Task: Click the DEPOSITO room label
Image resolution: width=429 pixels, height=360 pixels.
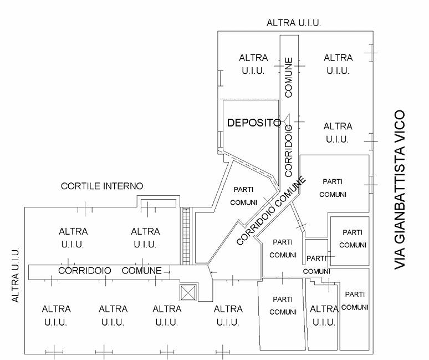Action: click(x=254, y=123)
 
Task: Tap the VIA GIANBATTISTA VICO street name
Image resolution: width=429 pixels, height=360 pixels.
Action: click(x=401, y=190)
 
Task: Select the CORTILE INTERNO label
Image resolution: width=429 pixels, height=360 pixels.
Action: click(x=102, y=186)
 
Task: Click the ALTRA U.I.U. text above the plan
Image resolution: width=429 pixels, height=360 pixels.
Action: click(x=294, y=23)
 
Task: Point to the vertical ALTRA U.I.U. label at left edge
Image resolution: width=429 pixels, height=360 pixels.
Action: click(x=16, y=275)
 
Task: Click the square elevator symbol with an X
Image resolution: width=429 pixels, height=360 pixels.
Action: click(x=188, y=292)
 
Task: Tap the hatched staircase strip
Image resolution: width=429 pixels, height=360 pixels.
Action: click(x=186, y=236)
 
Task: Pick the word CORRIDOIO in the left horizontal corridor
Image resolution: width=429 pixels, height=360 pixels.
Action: click(x=85, y=271)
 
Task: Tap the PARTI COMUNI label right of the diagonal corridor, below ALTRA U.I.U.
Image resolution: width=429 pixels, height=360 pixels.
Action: click(x=333, y=187)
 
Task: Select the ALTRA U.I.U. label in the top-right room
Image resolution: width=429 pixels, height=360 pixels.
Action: click(x=338, y=64)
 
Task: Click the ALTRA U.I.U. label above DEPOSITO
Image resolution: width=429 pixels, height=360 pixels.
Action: click(x=253, y=64)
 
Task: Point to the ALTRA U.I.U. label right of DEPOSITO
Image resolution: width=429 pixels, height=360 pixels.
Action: click(x=338, y=133)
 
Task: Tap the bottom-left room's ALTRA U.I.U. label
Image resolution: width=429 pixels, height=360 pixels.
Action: click(x=56, y=315)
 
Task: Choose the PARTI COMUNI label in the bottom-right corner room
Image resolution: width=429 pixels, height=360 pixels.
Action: click(x=355, y=300)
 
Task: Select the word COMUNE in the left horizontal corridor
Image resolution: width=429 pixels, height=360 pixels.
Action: click(x=142, y=271)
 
